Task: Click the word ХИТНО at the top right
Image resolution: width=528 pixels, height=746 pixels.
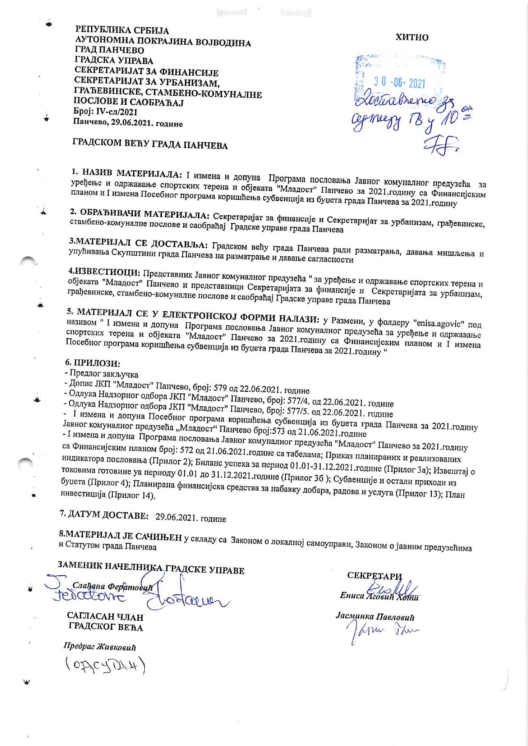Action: click(412, 37)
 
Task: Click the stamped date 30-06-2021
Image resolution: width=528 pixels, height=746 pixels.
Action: click(399, 83)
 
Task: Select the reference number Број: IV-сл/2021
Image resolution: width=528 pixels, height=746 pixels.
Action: click(106, 112)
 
